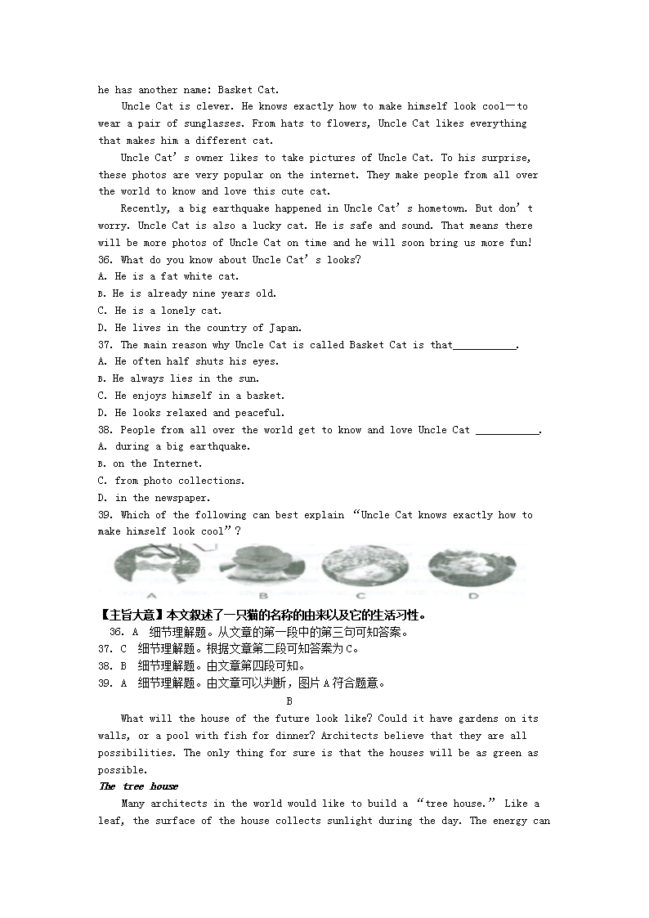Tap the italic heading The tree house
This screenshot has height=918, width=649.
click(138, 786)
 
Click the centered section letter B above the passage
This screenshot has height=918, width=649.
click(289, 701)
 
